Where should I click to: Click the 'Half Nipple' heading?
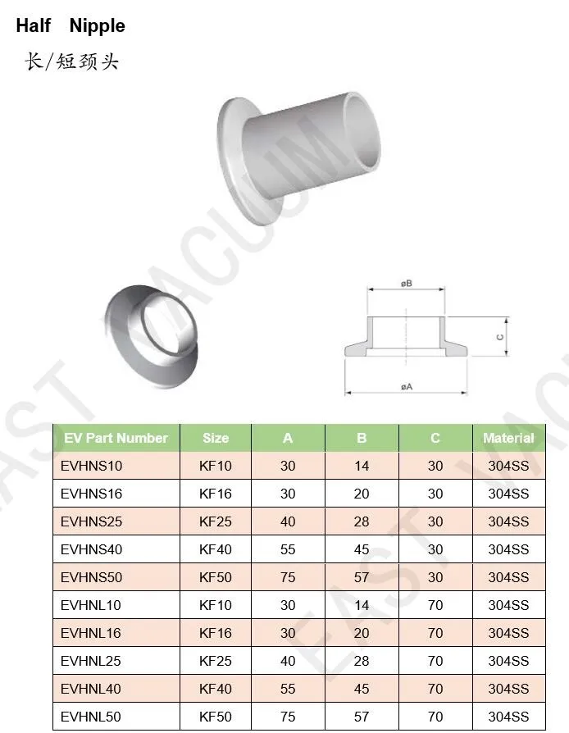[x=71, y=25]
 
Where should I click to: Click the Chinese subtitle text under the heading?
[x=72, y=61]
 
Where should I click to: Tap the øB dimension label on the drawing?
[x=407, y=284]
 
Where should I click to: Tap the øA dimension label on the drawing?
[x=407, y=386]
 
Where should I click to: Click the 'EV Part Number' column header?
[x=116, y=438]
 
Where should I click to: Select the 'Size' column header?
[x=216, y=438]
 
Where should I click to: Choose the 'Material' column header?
[x=508, y=438]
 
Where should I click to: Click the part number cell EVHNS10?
[x=91, y=466]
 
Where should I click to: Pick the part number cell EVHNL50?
[x=91, y=717]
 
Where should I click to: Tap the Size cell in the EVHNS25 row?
[x=216, y=521]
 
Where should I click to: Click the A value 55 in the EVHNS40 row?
[x=288, y=549]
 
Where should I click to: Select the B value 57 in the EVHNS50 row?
[x=362, y=577]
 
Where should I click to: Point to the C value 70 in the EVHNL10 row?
[x=435, y=605]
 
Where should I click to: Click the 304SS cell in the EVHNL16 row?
[x=508, y=633]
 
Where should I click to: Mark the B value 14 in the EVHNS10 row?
[x=362, y=466]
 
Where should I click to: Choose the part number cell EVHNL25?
[x=91, y=661]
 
